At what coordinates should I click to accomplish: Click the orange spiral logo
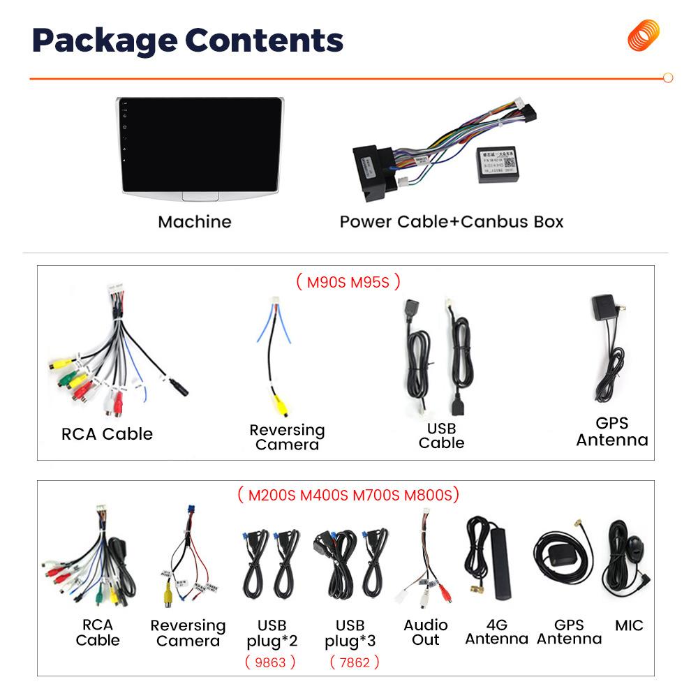643,36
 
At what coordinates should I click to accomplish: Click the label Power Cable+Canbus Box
451,222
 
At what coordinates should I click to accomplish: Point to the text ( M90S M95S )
348,282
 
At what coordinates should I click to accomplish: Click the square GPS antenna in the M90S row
604,309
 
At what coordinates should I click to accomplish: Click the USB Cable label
441,436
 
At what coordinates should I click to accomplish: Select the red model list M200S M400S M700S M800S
348,496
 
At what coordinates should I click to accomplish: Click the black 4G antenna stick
500,565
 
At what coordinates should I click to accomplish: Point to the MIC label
629,625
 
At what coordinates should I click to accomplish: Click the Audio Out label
426,632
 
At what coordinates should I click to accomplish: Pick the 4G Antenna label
496,632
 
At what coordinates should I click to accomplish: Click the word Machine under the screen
194,222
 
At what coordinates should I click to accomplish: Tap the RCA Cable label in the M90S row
107,434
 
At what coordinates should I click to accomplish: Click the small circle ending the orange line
668,78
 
